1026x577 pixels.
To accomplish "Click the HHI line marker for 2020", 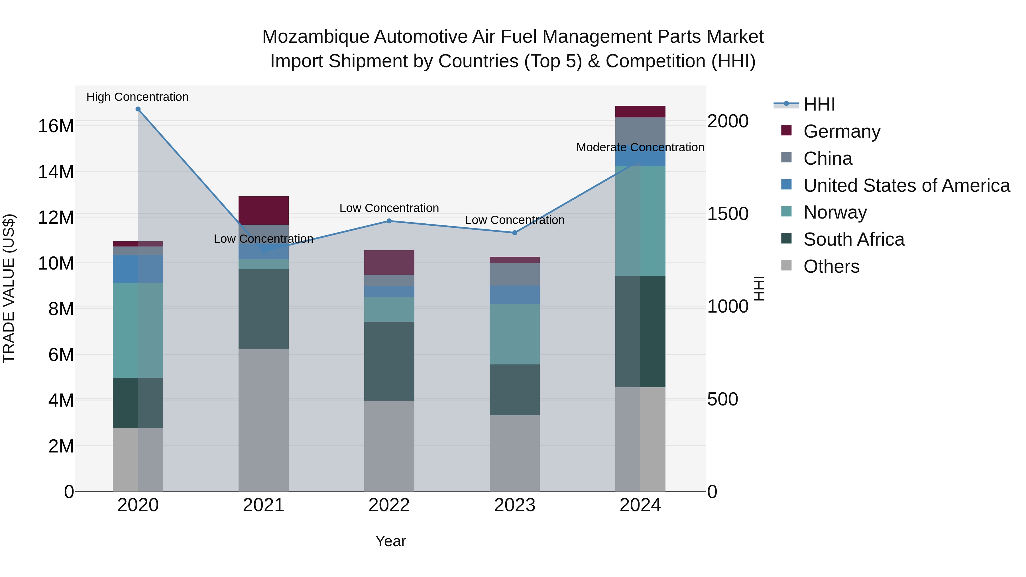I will [x=138, y=109].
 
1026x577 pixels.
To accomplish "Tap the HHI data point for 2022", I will [x=389, y=221].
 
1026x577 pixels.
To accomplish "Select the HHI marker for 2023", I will [x=515, y=233].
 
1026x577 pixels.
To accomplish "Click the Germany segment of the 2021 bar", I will [x=263, y=210].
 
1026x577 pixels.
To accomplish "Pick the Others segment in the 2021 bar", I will [x=263, y=420].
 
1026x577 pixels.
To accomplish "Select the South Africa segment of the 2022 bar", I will [x=389, y=361].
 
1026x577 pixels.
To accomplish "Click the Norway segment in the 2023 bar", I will [x=515, y=334].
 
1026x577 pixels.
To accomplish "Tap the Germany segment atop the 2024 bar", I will [x=640, y=111].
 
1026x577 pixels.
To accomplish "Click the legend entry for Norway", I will [x=835, y=212].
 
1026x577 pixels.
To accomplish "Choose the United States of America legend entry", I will [x=906, y=185].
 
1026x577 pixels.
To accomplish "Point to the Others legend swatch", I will [x=786, y=265].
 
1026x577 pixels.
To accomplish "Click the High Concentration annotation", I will [x=137, y=97].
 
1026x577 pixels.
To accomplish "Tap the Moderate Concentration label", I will [x=640, y=147].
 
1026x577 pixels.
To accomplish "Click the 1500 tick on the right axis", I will [x=727, y=214].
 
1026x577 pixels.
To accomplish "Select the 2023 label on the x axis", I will [x=515, y=505].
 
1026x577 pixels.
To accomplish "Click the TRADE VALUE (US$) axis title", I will [x=9, y=288].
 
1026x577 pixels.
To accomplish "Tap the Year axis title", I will [x=390, y=541].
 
